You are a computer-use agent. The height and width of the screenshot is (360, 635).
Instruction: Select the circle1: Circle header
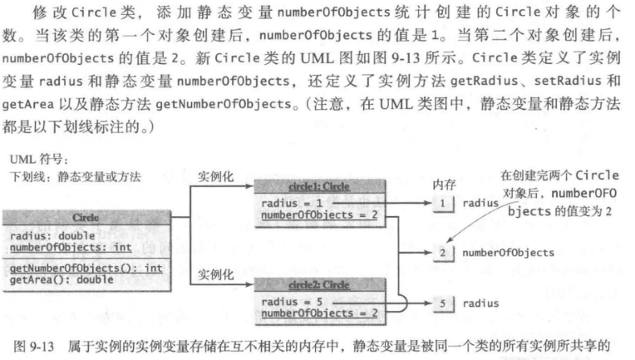point(318,187)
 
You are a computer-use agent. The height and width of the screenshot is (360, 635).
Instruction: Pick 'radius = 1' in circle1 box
point(289,204)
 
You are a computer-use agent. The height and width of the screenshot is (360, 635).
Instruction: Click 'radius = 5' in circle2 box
point(289,302)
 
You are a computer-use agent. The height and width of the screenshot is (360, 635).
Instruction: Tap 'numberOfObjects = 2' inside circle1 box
point(318,215)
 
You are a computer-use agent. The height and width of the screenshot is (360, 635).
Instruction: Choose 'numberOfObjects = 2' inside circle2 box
point(318,313)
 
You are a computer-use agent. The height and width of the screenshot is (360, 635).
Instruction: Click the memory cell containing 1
point(444,202)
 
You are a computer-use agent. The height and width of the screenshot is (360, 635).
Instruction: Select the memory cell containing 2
point(444,251)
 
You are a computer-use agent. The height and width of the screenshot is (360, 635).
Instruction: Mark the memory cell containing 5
point(444,303)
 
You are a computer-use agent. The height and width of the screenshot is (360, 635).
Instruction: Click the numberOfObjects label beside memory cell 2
point(509,252)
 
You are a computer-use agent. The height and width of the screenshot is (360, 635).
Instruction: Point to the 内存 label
point(445,183)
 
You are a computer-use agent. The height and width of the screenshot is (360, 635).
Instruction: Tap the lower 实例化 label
point(214,273)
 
